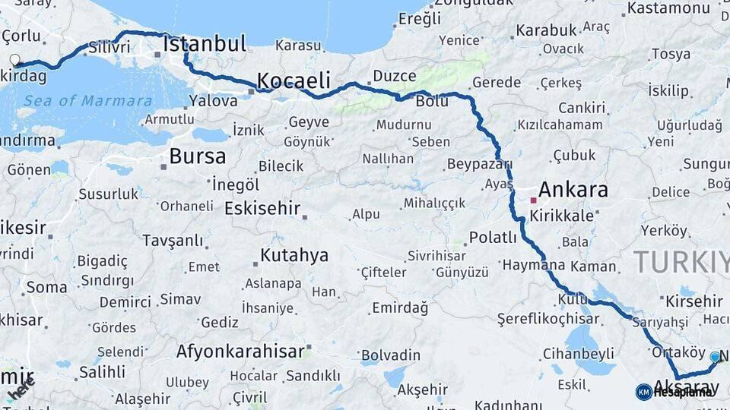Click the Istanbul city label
point(205,44)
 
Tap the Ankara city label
point(573,189)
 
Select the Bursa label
point(197,156)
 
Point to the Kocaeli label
point(294,80)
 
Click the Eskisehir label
point(262,208)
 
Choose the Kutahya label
point(294,255)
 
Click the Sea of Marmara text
point(87,101)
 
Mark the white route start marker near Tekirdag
point(14,59)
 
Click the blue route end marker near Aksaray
point(715,356)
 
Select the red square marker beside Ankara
point(534,200)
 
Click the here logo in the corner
point(21,389)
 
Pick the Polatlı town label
point(493,237)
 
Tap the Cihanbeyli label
point(578,354)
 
